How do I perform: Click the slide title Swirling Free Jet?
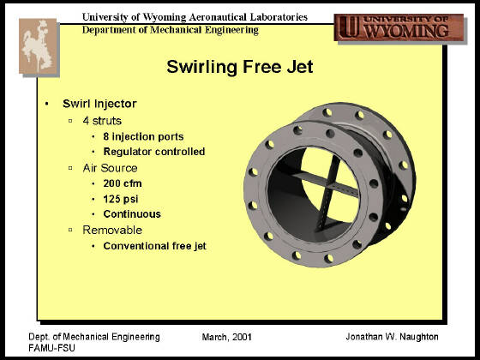click(240, 67)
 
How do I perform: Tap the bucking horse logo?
click(39, 46)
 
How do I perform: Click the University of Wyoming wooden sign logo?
click(399, 27)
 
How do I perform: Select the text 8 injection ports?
click(143, 136)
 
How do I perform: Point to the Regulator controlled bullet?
click(154, 152)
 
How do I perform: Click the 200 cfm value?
click(123, 183)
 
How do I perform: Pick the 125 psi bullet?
click(121, 199)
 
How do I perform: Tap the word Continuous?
click(132, 214)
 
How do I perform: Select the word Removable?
click(112, 231)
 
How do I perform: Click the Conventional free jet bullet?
click(154, 246)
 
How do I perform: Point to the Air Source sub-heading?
click(110, 168)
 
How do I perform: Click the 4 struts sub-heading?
click(102, 121)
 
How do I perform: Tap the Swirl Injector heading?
click(99, 104)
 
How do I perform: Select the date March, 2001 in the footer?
click(226, 337)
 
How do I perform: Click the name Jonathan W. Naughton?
click(392, 337)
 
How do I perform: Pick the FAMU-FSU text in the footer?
click(51, 348)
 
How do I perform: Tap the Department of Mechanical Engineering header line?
click(171, 30)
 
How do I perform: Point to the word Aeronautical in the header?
click(218, 17)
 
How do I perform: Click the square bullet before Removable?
click(70, 230)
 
